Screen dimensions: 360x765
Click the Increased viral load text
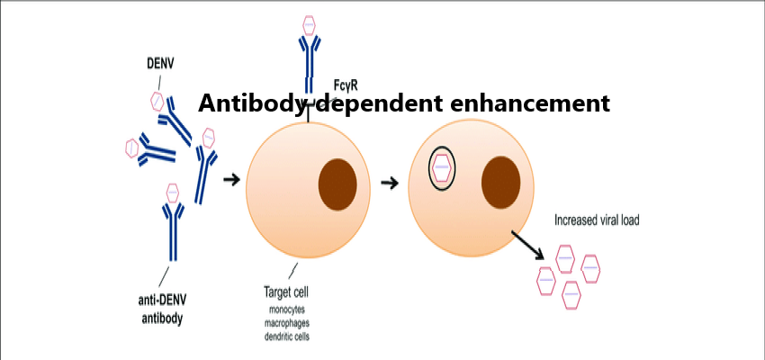coord(597,219)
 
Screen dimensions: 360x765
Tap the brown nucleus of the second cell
coord(501,182)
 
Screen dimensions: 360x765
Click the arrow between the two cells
coord(389,183)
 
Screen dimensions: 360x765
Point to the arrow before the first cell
coord(230,180)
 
